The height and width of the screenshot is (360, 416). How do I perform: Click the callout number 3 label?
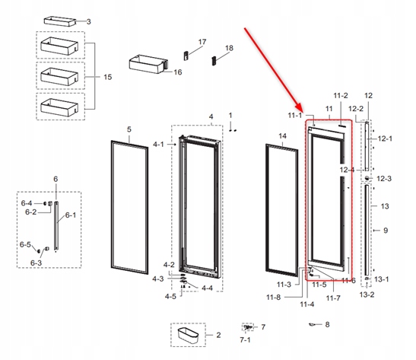(88, 22)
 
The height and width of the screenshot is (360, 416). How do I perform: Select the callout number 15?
(107, 78)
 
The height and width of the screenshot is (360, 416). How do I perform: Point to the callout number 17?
(202, 41)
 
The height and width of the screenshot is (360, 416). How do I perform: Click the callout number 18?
(229, 48)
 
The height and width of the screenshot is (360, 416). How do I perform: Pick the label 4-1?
(158, 144)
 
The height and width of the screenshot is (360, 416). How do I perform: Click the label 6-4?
(27, 203)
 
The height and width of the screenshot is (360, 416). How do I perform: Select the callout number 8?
(327, 325)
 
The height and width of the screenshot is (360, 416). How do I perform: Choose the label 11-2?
(340, 95)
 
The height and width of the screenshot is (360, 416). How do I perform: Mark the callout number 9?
(386, 230)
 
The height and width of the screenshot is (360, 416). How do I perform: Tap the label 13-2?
(367, 294)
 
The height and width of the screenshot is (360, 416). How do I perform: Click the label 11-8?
(275, 297)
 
